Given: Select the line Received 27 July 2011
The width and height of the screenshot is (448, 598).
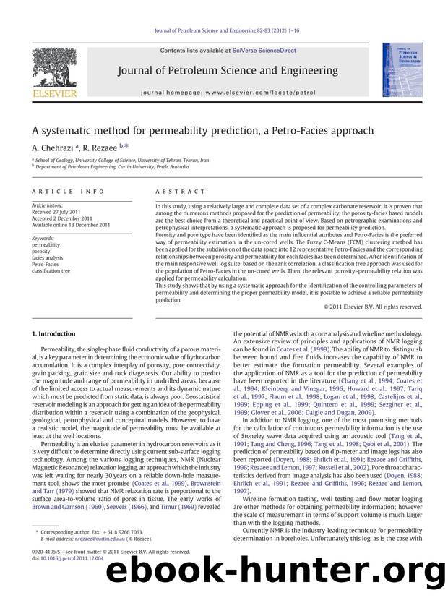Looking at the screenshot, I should tap(59, 213).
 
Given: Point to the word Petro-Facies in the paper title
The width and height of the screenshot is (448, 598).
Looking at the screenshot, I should tap(280, 131).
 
